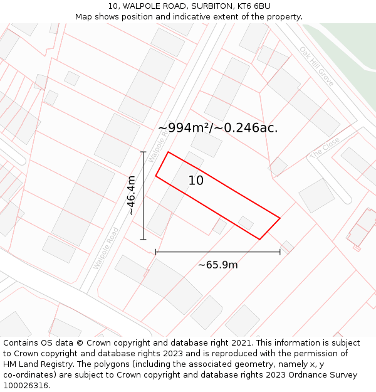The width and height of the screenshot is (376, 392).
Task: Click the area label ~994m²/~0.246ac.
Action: [217, 128]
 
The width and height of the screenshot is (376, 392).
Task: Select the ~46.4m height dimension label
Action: [131, 196]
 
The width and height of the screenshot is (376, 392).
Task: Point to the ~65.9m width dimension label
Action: [217, 265]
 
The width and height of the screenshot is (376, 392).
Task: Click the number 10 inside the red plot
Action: [196, 181]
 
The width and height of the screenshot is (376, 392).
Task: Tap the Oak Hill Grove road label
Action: [316, 66]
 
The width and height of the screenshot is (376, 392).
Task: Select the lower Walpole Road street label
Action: [106, 248]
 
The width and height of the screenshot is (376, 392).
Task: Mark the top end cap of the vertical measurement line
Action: [144, 152]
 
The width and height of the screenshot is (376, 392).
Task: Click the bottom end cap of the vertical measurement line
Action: [144, 239]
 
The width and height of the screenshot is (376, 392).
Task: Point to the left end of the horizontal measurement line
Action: [155, 252]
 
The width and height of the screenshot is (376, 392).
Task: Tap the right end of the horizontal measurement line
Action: [279, 252]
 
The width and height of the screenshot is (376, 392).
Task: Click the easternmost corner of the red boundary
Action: [279, 218]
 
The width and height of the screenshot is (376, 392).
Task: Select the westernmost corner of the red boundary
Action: [156, 176]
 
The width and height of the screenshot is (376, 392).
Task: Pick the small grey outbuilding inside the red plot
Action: [246, 223]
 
